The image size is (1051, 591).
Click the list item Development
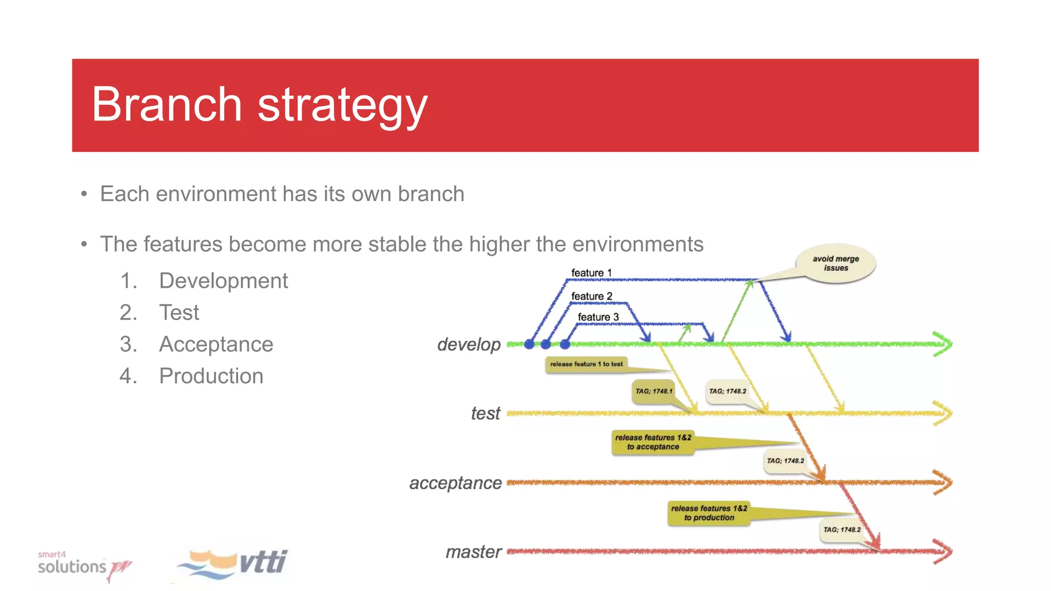(x=223, y=281)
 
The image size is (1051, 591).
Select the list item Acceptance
(x=216, y=344)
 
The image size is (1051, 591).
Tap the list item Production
(x=211, y=376)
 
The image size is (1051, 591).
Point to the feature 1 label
(x=591, y=273)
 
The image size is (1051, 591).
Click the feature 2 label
(x=592, y=297)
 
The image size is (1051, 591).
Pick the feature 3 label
(x=598, y=317)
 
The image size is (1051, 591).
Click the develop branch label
(x=469, y=345)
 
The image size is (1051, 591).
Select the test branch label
(x=485, y=413)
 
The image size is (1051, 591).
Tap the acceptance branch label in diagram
(x=455, y=483)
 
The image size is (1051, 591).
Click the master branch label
(x=473, y=552)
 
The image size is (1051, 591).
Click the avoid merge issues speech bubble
(x=835, y=263)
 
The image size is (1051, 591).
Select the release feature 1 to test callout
(x=586, y=364)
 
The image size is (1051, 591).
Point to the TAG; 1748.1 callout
(x=653, y=391)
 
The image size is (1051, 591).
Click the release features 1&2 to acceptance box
(x=653, y=442)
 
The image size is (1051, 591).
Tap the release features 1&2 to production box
(x=709, y=513)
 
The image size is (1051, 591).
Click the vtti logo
(x=233, y=564)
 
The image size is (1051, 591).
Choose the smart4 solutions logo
(x=82, y=565)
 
